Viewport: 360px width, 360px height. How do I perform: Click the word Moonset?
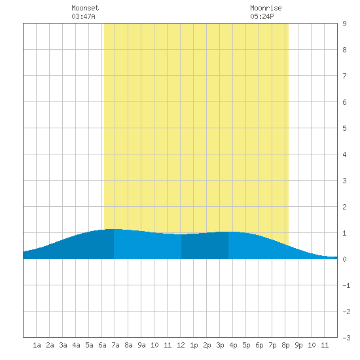pos(85,8)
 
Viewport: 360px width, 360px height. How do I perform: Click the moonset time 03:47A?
pos(83,16)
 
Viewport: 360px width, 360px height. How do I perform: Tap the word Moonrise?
pos(266,8)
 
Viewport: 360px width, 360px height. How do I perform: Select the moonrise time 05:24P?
pos(262,16)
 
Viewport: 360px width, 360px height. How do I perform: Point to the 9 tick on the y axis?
pos(344,24)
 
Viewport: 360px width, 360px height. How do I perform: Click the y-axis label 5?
pos(344,128)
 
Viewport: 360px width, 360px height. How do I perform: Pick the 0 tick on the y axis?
pos(344,259)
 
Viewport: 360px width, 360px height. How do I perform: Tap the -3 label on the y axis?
pos(346,338)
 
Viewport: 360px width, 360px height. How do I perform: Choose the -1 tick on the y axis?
pos(346,285)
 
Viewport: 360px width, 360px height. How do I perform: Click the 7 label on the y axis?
pos(344,76)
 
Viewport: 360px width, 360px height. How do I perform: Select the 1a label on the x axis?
pos(37,345)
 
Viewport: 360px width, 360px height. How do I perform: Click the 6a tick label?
pos(102,345)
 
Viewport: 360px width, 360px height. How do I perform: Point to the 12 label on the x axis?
pos(181,345)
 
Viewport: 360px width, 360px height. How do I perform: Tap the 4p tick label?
pos(233,345)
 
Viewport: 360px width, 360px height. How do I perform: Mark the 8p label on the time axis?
pos(285,345)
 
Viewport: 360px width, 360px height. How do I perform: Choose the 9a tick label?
pos(141,345)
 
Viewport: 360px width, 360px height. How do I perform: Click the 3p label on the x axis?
pos(220,345)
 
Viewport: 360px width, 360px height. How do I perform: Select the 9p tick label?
pos(298,345)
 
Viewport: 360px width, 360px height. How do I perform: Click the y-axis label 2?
pos(344,207)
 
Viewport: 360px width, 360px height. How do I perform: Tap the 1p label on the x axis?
pos(194,345)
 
